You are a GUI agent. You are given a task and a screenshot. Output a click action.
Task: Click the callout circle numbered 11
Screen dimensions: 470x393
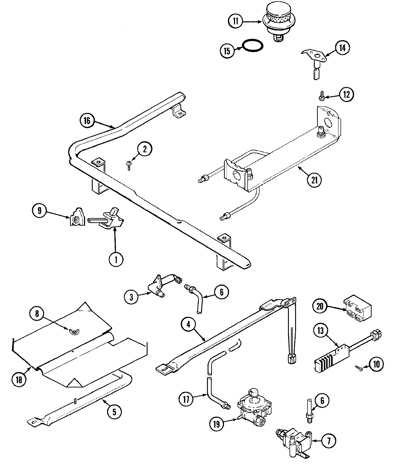pyautogui.click(x=235, y=21)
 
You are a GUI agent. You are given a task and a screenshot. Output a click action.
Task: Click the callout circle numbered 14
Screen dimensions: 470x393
pyautogui.click(x=342, y=48)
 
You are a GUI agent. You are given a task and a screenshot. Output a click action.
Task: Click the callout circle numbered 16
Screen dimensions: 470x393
pyautogui.click(x=87, y=120)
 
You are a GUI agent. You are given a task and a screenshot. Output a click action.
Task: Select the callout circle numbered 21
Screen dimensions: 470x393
pyautogui.click(x=314, y=180)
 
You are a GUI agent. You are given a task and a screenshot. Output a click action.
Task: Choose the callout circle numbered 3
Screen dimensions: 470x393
pyautogui.click(x=132, y=297)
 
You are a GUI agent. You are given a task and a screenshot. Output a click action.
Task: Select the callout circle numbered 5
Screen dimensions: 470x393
pyautogui.click(x=114, y=412)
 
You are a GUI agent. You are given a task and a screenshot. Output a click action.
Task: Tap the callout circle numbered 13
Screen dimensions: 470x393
pyautogui.click(x=321, y=331)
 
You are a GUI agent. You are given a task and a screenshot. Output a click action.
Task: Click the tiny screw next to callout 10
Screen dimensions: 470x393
pyautogui.click(x=359, y=367)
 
